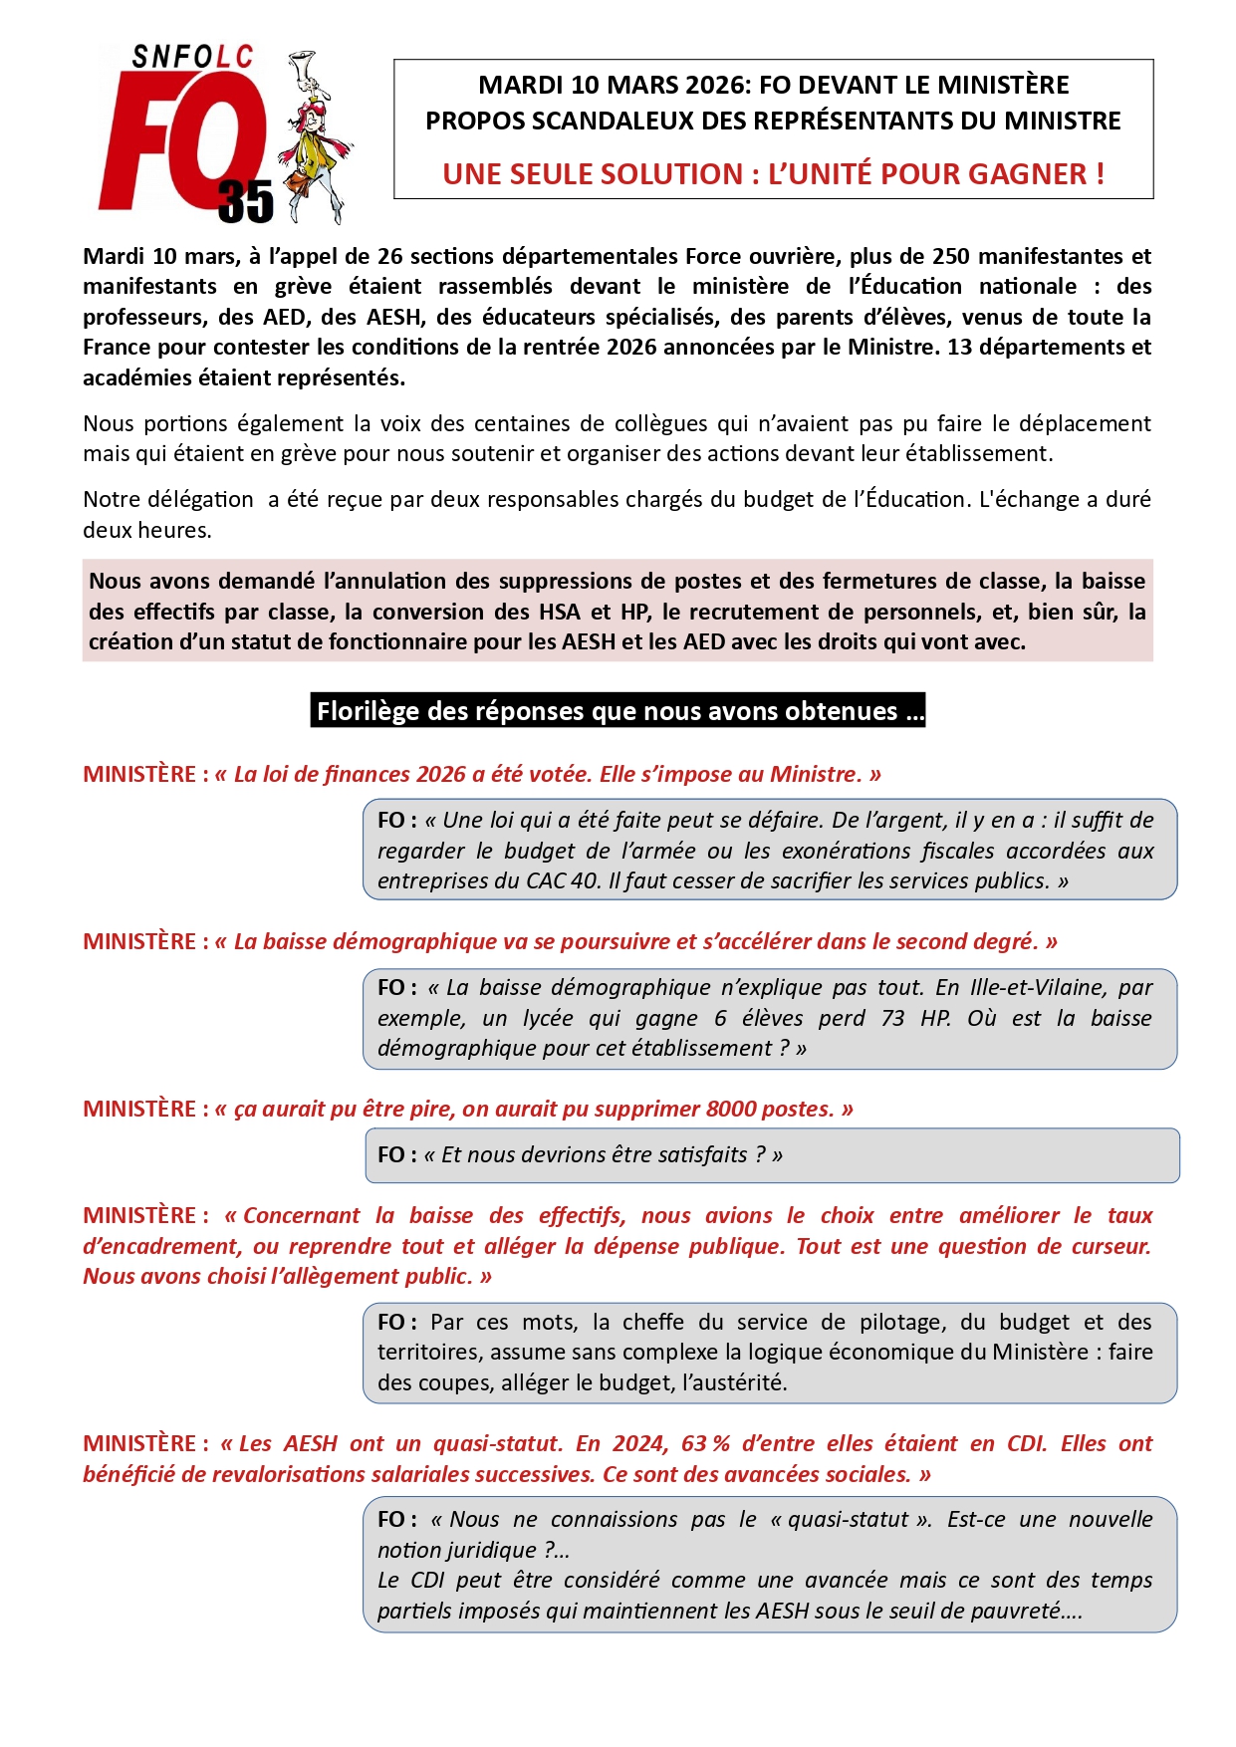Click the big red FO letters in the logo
[x=179, y=139]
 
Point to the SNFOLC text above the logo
[x=192, y=58]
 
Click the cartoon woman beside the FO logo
[x=317, y=139]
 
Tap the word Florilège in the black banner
[x=368, y=711]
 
